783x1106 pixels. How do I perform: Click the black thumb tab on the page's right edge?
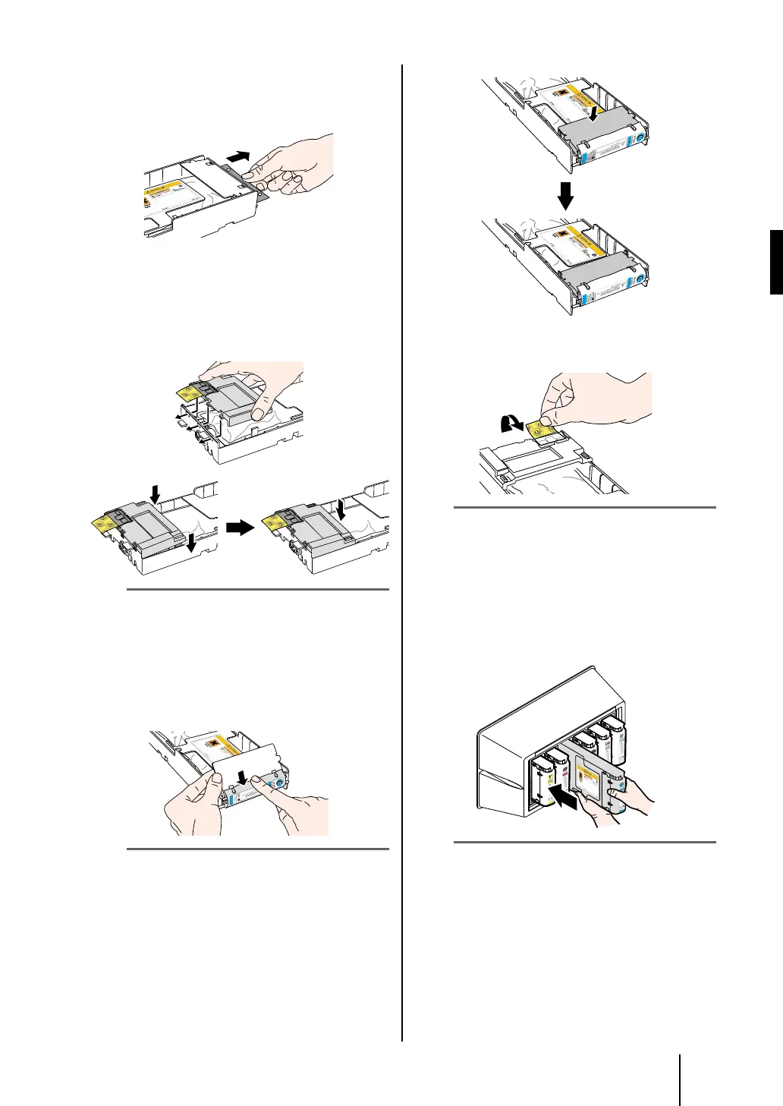(x=775, y=263)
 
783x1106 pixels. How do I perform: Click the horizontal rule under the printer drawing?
(x=584, y=842)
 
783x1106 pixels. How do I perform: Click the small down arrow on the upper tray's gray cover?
(x=594, y=115)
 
